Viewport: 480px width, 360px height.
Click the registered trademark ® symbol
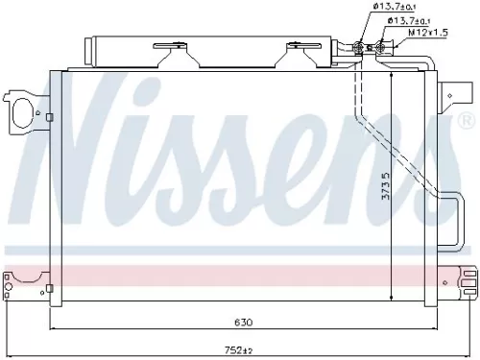pos(467,122)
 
